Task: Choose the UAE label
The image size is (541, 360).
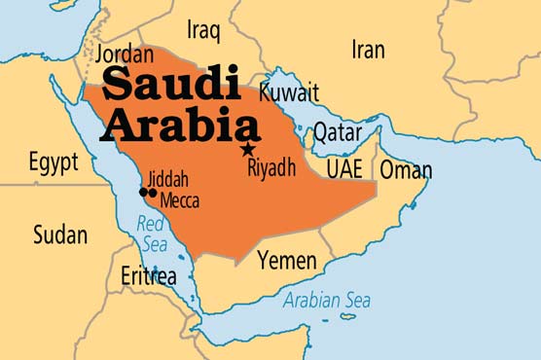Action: pyautogui.click(x=344, y=168)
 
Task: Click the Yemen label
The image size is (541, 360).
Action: pyautogui.click(x=286, y=260)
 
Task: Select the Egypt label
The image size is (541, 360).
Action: pyautogui.click(x=53, y=162)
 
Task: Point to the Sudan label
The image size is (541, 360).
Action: pyautogui.click(x=59, y=234)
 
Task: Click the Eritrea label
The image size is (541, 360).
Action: pyautogui.click(x=149, y=275)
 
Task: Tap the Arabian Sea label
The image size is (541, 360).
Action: pyautogui.click(x=328, y=299)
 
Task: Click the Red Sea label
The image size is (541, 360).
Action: pyautogui.click(x=152, y=234)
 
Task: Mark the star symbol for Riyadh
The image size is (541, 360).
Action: pyautogui.click(x=248, y=149)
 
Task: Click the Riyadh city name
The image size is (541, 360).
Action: pyautogui.click(x=271, y=168)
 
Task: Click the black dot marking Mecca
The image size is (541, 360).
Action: pyautogui.click(x=153, y=193)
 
